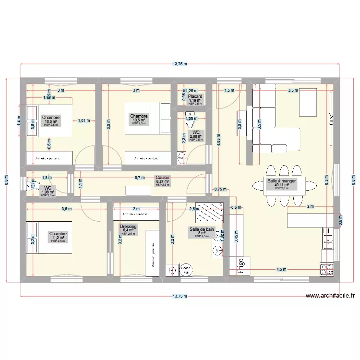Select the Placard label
(x=195, y=96)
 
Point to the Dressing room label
(x=128, y=227)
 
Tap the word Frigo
(x=237, y=265)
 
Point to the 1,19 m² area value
(x=195, y=100)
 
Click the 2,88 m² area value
(x=196, y=136)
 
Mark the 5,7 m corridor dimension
(x=140, y=177)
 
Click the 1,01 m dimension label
(x=84, y=121)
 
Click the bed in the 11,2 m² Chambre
(x=48, y=237)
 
